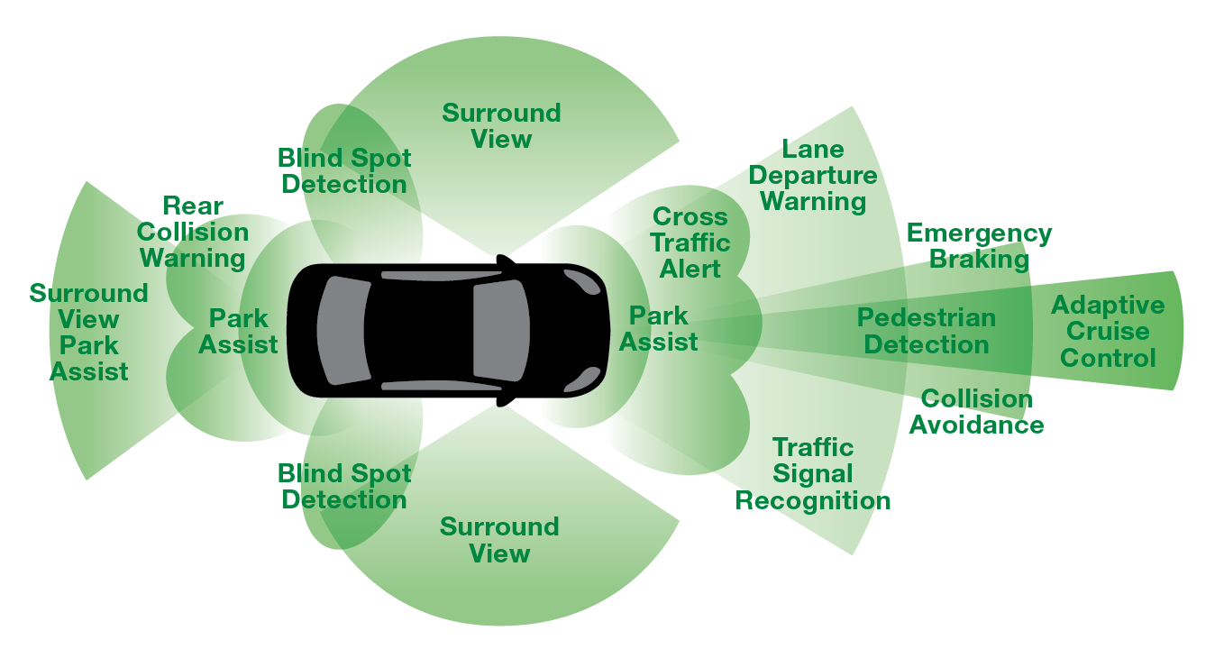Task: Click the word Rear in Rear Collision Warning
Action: pyautogui.click(x=193, y=206)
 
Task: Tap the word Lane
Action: pyautogui.click(x=813, y=150)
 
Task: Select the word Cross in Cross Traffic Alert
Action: pyautogui.click(x=690, y=217)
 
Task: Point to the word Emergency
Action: pyautogui.click(x=979, y=233)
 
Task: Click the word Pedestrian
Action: pyautogui.click(x=926, y=318)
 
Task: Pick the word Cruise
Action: pyautogui.click(x=1108, y=332)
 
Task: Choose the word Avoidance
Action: pyautogui.click(x=976, y=425)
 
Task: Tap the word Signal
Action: pyautogui.click(x=813, y=474)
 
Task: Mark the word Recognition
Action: pyautogui.click(x=813, y=501)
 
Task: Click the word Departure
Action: pyautogui.click(x=813, y=176)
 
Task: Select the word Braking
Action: pyautogui.click(x=979, y=260)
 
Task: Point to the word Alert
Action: pyautogui.click(x=690, y=270)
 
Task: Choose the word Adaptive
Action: pyautogui.click(x=1108, y=306)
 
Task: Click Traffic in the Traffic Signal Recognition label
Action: pyautogui.click(x=813, y=448)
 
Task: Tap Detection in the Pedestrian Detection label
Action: pyautogui.click(x=926, y=345)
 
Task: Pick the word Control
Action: pyautogui.click(x=1108, y=359)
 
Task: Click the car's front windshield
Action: pyautogui.click(x=501, y=329)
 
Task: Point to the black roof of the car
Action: pyautogui.click(x=420, y=329)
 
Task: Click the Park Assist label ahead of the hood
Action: pyautogui.click(x=658, y=329)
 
